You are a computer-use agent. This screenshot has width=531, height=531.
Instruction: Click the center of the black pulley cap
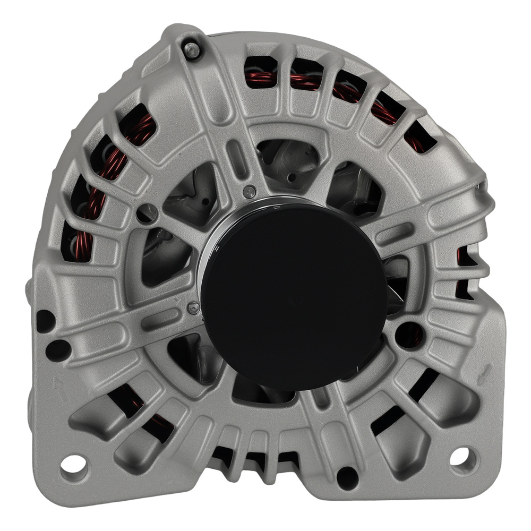click(294, 295)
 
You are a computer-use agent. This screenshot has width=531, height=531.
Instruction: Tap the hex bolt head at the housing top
click(192, 50)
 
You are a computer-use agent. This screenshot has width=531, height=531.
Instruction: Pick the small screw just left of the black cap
click(193, 307)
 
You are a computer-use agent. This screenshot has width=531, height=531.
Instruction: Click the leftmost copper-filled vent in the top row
click(260, 72)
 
